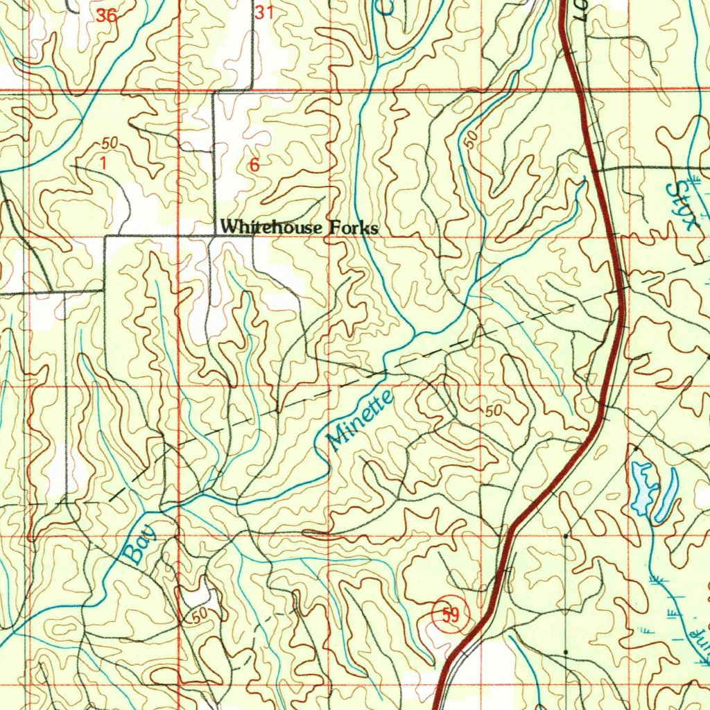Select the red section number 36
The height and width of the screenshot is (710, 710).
point(106,15)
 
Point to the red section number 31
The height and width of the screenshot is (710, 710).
point(264,12)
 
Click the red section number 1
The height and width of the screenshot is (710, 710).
point(103,164)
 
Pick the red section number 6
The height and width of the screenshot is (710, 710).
point(254,165)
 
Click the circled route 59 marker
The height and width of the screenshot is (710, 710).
point(450,614)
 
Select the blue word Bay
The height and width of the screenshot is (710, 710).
point(141,546)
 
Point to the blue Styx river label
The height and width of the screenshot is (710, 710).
point(683,205)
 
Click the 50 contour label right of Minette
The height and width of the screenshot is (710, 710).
point(493,410)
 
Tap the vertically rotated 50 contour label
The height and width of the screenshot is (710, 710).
point(471,141)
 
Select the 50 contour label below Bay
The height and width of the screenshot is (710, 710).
point(200,616)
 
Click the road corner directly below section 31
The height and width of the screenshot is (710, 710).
point(253,89)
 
